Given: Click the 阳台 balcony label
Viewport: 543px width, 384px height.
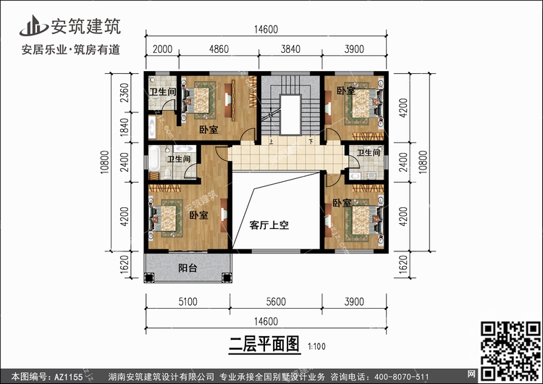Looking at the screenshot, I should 188,267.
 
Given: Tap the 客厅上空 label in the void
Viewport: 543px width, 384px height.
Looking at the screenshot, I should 269,225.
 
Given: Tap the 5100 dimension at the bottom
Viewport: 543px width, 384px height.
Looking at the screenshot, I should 188,302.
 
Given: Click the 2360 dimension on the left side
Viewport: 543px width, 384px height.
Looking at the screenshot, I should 124,94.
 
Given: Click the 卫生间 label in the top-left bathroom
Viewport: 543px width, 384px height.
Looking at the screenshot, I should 163,92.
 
